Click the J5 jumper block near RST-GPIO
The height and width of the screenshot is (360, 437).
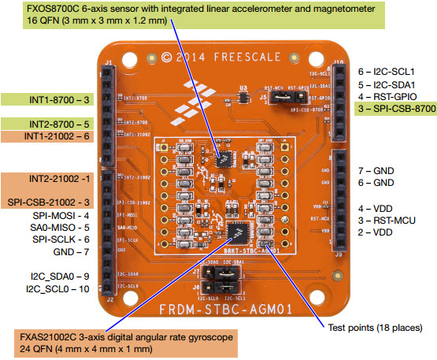284,97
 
